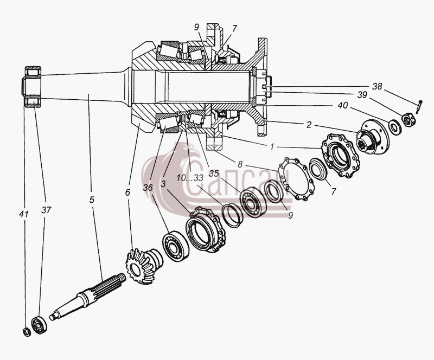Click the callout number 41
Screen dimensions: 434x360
coord(24,214)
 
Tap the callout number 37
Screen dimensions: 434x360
coord(46,210)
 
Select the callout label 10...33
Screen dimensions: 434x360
coord(190,178)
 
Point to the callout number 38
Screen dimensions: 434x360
coord(377,86)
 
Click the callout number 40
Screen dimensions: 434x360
coord(343,105)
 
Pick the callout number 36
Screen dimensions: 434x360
coord(148,188)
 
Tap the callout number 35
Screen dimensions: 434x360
coord(214,173)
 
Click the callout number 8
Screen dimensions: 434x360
coord(240,165)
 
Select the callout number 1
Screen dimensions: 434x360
coord(272,147)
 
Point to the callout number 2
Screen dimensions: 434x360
coord(309,125)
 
